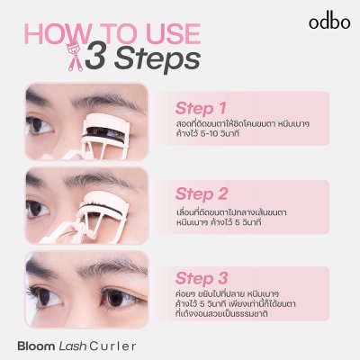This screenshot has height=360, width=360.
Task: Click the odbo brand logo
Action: tap(329, 22)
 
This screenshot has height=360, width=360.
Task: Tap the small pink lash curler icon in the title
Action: tap(74, 57)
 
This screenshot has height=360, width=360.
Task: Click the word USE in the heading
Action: tap(170, 33)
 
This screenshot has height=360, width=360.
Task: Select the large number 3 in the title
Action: tap(95, 56)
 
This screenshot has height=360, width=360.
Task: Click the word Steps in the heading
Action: tap(157, 59)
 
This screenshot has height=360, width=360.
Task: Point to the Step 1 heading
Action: tap(201, 108)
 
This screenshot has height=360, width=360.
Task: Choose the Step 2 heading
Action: tap(202, 193)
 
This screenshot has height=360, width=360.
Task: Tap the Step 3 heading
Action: tap(202, 278)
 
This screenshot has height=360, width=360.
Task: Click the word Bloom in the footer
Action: tap(36, 346)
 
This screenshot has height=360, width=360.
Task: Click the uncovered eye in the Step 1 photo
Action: tap(40, 126)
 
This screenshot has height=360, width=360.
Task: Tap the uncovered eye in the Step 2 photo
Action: tap(37, 208)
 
